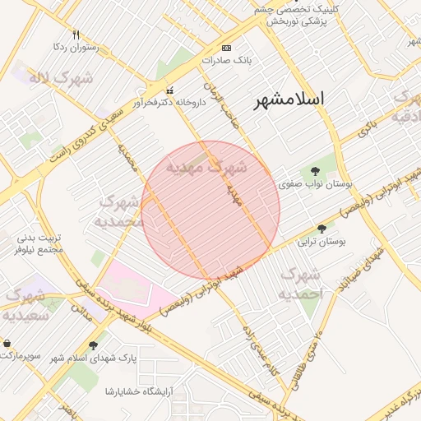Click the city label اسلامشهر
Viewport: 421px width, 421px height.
click(289, 99)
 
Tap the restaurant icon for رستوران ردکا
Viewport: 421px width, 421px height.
click(76, 35)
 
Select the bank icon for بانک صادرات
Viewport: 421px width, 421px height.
click(227, 48)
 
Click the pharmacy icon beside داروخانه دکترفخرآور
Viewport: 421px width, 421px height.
click(170, 90)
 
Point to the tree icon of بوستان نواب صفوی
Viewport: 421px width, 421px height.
click(317, 171)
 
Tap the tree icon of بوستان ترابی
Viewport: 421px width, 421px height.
click(322, 229)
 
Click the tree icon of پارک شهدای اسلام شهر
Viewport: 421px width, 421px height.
click(92, 345)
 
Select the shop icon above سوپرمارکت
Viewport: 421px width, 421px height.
click(7, 343)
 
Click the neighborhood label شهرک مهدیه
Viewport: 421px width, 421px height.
click(206, 167)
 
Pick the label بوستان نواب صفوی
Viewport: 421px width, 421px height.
click(317, 184)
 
